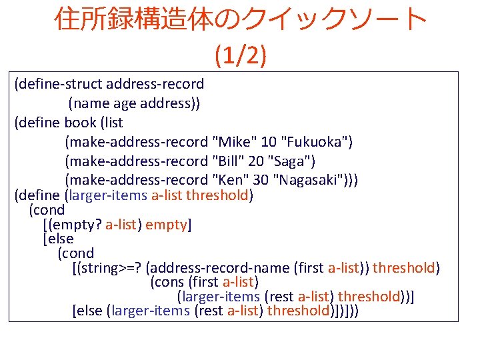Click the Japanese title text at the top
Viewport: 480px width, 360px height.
click(x=240, y=20)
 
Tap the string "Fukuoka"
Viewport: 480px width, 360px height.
click(x=318, y=142)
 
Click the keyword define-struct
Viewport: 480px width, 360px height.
click(x=61, y=85)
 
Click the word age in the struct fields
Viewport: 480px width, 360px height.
click(x=125, y=103)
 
